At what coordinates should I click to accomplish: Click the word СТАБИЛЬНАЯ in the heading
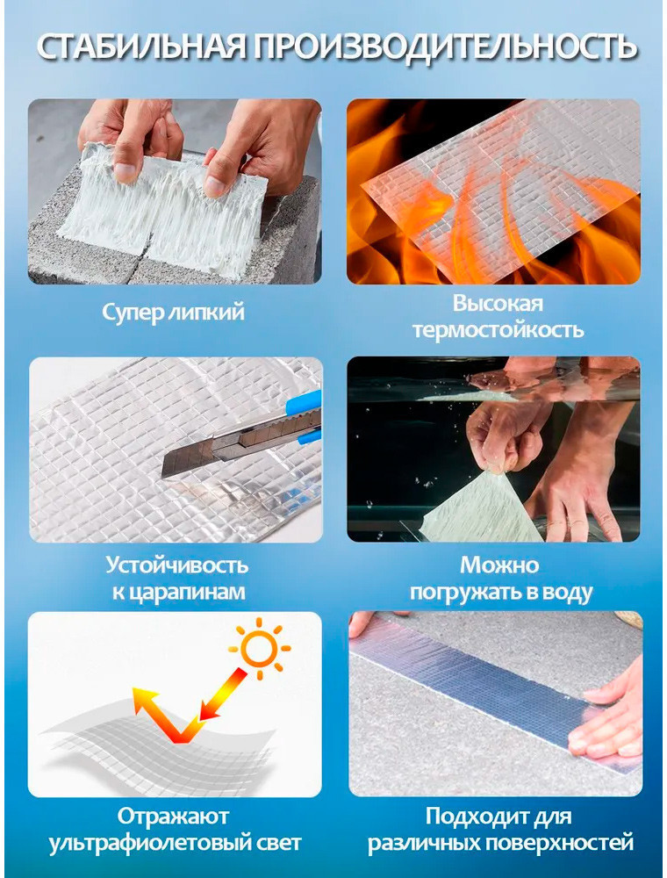(141, 47)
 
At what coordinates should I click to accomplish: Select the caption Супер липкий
(173, 312)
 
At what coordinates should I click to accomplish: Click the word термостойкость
(498, 330)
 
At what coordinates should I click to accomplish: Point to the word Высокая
(498, 304)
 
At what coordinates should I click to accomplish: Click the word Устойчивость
(176, 565)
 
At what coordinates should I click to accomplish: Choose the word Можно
(499, 565)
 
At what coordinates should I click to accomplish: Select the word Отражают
(173, 817)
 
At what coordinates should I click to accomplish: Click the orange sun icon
(259, 649)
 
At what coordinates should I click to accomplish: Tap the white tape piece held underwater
(480, 508)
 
